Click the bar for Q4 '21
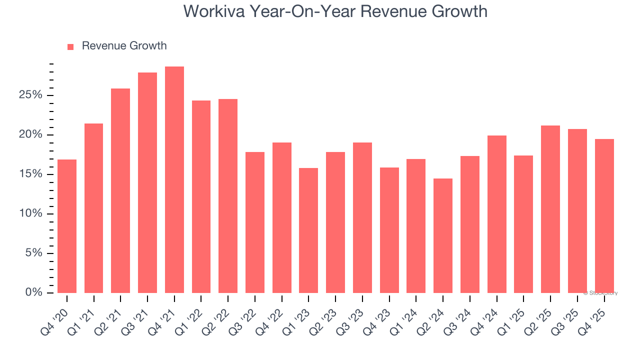(174, 180)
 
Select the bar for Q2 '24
(443, 235)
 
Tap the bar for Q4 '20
(67, 226)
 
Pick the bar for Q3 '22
(255, 222)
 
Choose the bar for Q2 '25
(550, 209)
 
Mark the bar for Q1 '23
(308, 230)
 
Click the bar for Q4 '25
(604, 216)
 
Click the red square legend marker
(70, 46)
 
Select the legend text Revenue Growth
(124, 46)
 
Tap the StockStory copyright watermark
(600, 293)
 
